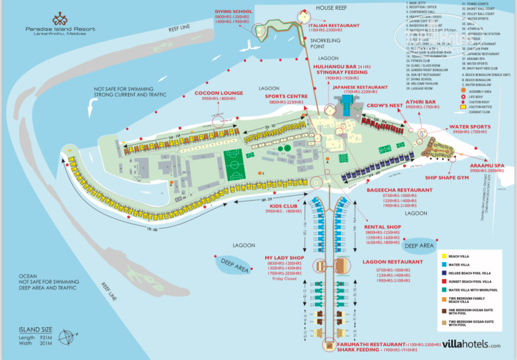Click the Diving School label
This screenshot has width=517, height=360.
(234, 10)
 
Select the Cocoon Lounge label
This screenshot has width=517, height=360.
(194, 92)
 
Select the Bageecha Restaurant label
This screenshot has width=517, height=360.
(398, 189)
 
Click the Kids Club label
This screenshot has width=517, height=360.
(284, 206)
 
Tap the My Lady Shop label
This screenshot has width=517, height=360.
(285, 258)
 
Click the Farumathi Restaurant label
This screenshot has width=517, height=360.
(363, 345)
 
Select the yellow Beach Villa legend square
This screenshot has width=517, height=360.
(444, 255)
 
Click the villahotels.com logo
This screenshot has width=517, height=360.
(467, 345)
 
